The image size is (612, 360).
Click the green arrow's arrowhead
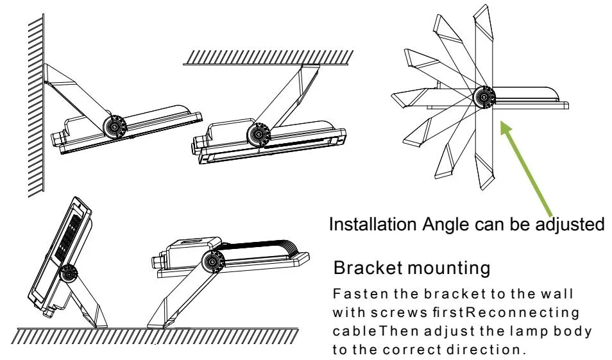(507, 128)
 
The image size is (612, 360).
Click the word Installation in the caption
(373, 225)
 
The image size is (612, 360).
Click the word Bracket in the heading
(368, 268)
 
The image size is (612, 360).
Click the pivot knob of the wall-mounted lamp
(115, 126)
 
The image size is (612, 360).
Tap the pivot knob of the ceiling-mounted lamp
(259, 135)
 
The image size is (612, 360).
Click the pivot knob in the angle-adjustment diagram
(484, 98)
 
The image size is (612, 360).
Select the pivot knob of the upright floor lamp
(68, 273)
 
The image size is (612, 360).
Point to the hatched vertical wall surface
(36, 105)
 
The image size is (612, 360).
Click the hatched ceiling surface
(269, 57)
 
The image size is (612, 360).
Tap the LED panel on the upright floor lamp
(68, 237)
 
